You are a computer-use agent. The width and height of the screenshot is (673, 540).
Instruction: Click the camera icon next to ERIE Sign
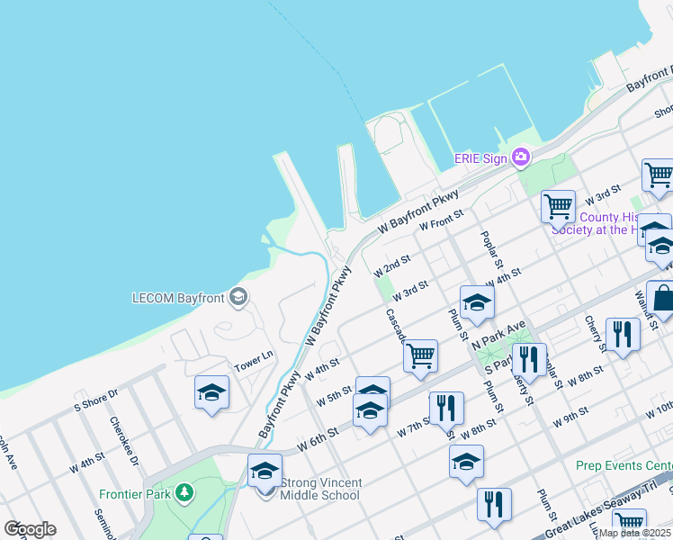point(520,158)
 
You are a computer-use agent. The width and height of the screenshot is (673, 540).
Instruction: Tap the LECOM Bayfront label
point(176,297)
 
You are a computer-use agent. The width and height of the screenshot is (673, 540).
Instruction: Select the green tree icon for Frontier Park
point(184,492)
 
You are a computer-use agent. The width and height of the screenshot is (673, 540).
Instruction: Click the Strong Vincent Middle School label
point(320,489)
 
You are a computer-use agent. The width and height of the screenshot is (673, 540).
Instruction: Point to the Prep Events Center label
point(624,465)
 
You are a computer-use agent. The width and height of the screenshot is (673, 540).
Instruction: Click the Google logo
point(30,529)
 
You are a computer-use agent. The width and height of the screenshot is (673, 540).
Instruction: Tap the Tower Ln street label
point(253,360)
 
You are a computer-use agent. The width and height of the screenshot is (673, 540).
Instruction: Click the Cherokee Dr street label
point(123,440)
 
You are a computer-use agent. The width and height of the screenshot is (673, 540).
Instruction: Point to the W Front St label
point(441,220)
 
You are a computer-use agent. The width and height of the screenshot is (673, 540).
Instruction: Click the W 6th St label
point(318,434)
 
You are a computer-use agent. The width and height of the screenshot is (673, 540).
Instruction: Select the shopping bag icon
point(661,298)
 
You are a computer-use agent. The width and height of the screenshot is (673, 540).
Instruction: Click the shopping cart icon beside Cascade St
point(420,355)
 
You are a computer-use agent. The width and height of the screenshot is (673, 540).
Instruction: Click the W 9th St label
point(571,415)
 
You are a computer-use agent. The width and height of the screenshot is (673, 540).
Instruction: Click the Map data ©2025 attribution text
point(634,533)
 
